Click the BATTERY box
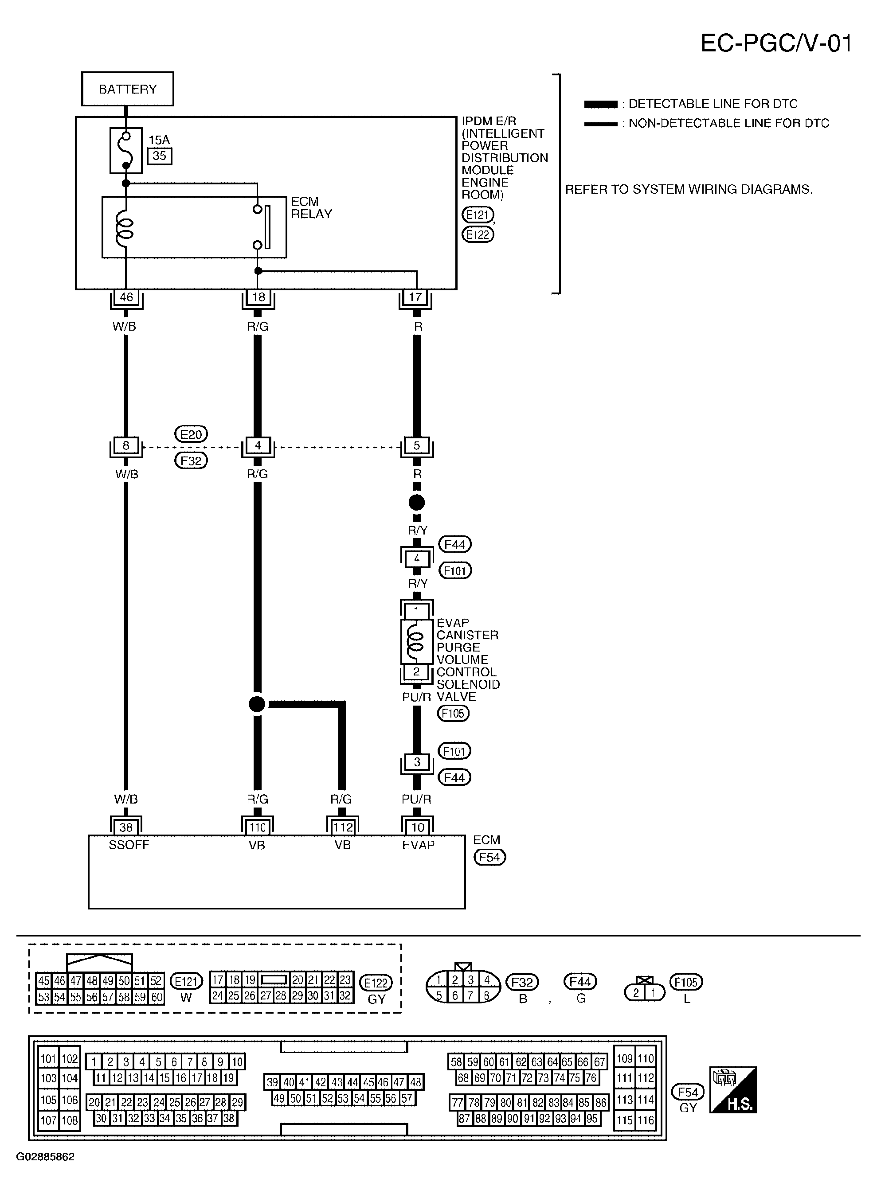point(127,89)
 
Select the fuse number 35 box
point(159,156)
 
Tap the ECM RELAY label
point(311,207)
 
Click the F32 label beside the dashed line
point(191,460)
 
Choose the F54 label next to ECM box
point(489,857)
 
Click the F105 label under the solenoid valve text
point(453,713)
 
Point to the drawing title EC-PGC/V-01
point(775,43)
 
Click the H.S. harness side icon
point(733,1089)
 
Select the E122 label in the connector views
point(376,982)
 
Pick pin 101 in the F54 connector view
point(48,1059)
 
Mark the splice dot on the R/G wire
point(257,704)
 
